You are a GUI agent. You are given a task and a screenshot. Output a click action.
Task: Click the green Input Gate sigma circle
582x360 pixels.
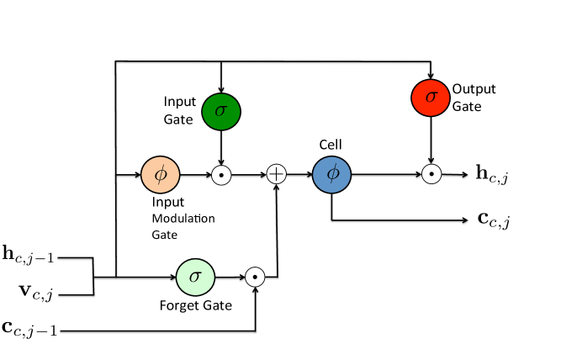[221, 112]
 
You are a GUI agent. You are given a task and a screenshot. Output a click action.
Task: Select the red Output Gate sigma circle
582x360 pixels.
[431, 98]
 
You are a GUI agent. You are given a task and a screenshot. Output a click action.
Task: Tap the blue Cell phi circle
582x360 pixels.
[332, 174]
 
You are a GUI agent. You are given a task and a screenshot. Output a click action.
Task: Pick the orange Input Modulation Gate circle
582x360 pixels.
[161, 174]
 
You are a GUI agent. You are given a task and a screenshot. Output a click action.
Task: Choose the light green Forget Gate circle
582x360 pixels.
[195, 277]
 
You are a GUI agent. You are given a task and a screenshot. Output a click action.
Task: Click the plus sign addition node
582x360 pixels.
[277, 174]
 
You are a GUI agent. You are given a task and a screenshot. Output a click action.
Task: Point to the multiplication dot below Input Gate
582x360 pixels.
[221, 175]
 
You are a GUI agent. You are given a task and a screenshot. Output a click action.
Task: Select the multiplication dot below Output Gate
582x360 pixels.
[431, 174]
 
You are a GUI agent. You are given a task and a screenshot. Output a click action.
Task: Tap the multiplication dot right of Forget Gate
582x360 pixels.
[255, 277]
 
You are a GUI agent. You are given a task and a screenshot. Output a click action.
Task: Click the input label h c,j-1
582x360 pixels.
[29, 254]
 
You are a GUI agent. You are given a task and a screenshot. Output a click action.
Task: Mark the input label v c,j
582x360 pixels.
[36, 292]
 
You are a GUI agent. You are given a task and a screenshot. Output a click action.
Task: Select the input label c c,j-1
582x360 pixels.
[29, 328]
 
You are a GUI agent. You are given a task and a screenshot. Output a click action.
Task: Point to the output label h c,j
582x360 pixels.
[492, 174]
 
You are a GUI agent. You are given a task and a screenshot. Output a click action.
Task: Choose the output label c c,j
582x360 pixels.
[494, 220]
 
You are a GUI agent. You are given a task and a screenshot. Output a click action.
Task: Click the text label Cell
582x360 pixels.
[331, 145]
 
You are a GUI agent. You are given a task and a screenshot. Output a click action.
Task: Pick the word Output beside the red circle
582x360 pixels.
[474, 89]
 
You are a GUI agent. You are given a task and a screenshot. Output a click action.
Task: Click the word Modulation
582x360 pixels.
[183, 218]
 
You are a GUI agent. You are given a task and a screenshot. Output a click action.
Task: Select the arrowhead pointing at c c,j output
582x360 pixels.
[465, 220]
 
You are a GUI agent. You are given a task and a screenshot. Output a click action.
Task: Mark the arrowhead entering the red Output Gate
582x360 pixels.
[431, 76]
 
